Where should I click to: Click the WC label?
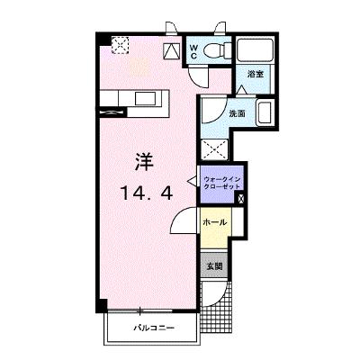point(193,51)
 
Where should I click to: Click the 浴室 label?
point(256,74)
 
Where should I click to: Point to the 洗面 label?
point(237,113)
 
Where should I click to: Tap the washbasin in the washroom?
point(265,113)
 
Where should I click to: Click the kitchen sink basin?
point(145,98)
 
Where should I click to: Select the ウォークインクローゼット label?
point(222,183)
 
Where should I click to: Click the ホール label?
point(215,222)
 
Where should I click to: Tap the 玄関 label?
point(215,265)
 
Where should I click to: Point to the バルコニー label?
point(154,328)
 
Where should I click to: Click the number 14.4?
point(147,193)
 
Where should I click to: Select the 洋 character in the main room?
point(144,162)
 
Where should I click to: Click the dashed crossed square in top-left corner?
point(121,45)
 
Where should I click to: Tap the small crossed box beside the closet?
point(241,198)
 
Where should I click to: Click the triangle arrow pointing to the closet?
point(192,181)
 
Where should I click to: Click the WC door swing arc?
point(198,76)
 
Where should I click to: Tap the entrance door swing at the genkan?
point(213,294)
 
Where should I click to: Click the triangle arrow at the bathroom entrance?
point(242,90)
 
